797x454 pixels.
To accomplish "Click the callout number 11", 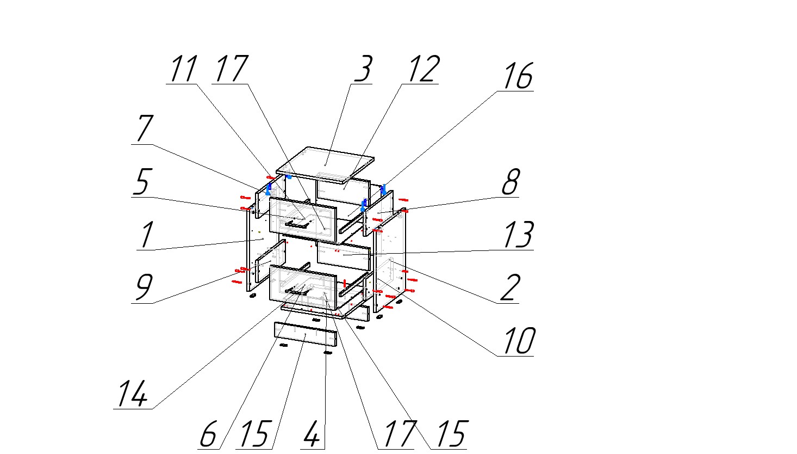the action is coord(184,69).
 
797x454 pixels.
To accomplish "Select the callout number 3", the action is coord(364,69).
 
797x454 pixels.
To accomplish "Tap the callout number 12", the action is coord(424,69).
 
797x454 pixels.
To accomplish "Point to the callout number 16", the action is coord(519,76).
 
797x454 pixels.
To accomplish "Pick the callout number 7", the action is coord(145,128).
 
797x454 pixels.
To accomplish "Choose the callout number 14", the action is coord(132,394).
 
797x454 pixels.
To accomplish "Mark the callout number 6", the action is coord(208,434).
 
